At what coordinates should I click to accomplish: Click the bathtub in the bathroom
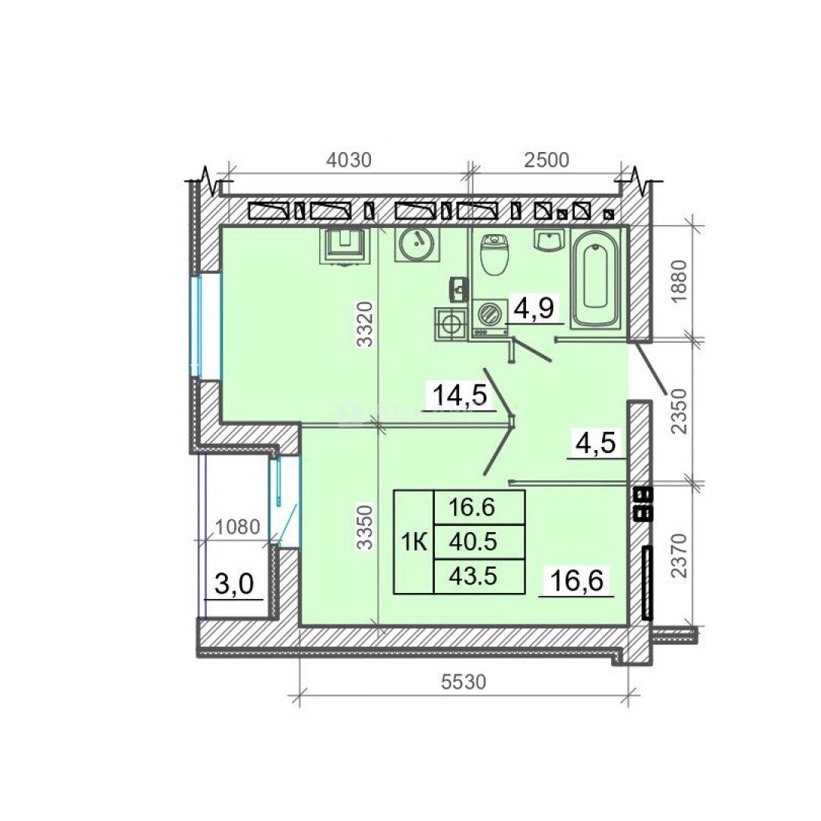tap(594, 278)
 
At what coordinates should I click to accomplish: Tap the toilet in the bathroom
tap(494, 255)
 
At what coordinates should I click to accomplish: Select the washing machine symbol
tap(490, 317)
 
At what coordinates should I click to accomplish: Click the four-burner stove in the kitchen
tap(450, 325)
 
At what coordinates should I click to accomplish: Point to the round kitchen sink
tap(417, 242)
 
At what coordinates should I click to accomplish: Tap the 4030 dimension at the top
tap(349, 160)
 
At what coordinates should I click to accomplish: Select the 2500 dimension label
tap(546, 160)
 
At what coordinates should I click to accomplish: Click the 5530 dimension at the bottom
tap(464, 682)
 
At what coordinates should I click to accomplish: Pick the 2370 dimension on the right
tap(679, 556)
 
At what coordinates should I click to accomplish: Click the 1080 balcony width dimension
tap(238, 527)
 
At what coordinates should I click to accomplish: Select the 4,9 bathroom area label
tap(534, 308)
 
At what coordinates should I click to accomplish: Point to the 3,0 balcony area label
tap(234, 584)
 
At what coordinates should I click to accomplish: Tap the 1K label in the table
tap(414, 543)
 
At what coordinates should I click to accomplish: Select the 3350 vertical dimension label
tap(365, 527)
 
